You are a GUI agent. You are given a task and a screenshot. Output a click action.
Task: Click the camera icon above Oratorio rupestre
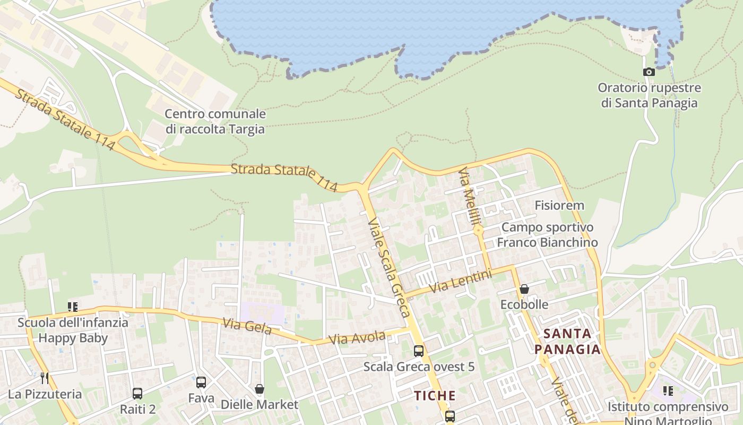point(649,72)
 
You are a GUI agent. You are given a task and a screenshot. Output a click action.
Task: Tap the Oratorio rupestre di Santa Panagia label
point(649,95)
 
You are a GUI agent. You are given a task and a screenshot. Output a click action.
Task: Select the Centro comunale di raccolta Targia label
point(215,121)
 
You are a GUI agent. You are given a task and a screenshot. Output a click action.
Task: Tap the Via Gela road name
point(247,326)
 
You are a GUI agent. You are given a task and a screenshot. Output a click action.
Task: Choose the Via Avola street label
point(357,338)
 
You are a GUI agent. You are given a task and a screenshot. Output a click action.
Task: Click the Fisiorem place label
point(559,205)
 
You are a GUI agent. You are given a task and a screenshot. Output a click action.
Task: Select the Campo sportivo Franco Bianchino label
point(547,235)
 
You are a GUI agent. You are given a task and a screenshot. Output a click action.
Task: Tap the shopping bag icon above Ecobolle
point(524,289)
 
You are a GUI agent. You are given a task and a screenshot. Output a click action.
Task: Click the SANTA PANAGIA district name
point(567,342)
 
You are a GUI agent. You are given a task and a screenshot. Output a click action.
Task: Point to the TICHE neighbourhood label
point(435,396)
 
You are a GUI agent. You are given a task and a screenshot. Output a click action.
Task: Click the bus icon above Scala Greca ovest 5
point(419,351)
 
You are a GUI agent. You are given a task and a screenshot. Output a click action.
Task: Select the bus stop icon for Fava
point(201,382)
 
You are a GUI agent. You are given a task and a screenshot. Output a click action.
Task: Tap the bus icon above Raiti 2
point(137,394)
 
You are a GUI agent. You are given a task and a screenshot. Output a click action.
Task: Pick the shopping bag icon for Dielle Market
point(260,389)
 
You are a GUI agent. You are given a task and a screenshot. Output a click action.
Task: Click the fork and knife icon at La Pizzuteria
point(45,378)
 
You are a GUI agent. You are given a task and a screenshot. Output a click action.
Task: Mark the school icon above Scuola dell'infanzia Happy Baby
point(73,307)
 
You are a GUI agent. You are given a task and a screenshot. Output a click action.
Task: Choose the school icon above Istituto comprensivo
point(668,392)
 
